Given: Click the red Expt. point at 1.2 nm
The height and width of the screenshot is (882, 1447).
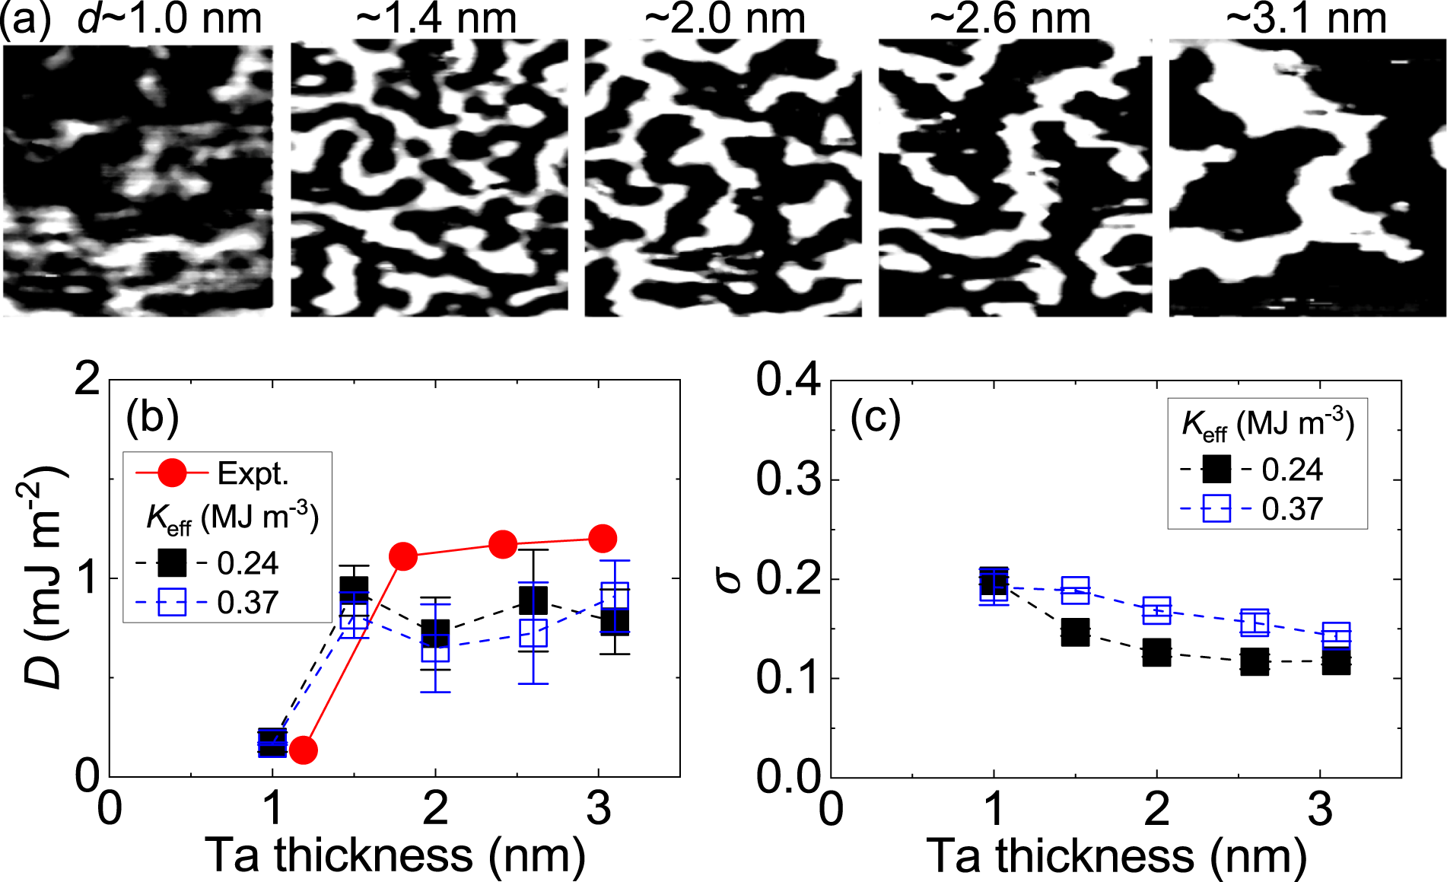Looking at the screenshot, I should (304, 750).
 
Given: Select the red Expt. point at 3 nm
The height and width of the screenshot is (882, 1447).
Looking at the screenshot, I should (603, 538).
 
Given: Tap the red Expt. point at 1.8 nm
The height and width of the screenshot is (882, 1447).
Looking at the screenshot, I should (403, 556).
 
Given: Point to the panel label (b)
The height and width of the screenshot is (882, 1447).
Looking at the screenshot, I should (152, 417).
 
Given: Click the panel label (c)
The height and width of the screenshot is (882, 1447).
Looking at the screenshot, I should (875, 417).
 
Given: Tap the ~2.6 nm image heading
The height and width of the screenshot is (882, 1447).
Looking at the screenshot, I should (1010, 18).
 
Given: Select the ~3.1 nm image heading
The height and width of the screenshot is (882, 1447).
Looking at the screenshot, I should (1305, 18).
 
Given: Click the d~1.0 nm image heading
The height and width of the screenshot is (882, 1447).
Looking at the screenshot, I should (169, 18).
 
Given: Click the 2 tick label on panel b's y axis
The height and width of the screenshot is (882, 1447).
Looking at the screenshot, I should (87, 378).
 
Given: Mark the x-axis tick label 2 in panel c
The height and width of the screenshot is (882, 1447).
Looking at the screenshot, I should (1156, 808).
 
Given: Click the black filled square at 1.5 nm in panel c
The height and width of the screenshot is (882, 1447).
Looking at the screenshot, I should (1075, 632).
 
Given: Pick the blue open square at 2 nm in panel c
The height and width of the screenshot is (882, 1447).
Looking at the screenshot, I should (1156, 610).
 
